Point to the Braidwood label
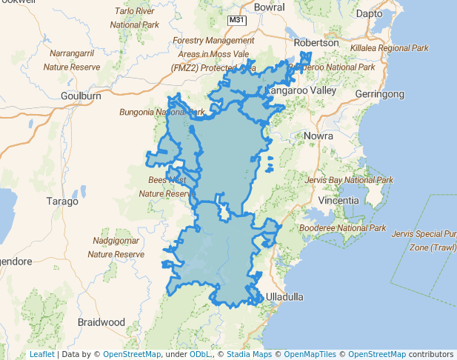[x=101, y=322]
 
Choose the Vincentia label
[x=338, y=201]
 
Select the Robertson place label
[x=316, y=43]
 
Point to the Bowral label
[x=269, y=7]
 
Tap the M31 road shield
[x=236, y=20]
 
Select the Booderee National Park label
[x=343, y=227]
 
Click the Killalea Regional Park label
[x=389, y=47]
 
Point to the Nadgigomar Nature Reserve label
[x=116, y=247]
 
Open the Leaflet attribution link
[x=41, y=354]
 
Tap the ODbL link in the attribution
[x=201, y=354]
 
